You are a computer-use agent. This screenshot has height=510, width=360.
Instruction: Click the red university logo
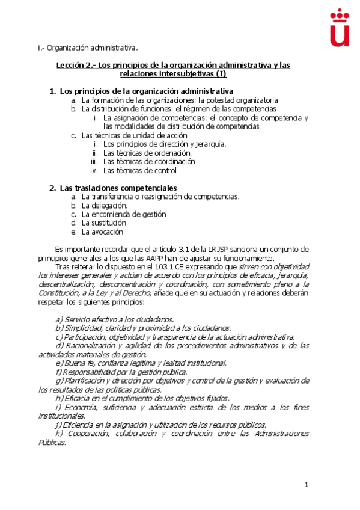point(340,28)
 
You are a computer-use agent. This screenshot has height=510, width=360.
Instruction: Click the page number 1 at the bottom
point(306,485)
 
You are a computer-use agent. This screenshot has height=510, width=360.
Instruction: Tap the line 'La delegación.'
point(105,205)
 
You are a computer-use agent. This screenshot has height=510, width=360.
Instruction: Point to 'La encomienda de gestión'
point(124,214)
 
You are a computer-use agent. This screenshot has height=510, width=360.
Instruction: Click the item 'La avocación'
point(102,232)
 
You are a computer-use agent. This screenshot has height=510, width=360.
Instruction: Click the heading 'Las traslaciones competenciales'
point(118,188)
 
